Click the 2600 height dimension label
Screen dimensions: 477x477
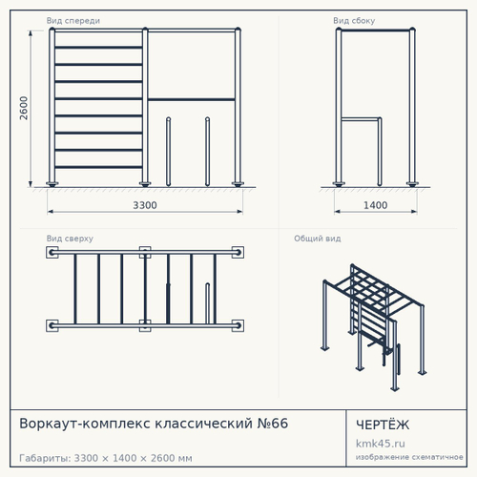point(24,108)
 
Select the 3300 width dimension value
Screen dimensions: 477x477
point(145,205)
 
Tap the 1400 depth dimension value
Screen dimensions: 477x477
point(375,205)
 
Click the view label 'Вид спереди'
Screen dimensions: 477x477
point(73,21)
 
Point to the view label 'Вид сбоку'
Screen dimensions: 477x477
point(354,21)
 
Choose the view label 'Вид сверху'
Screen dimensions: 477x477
point(70,238)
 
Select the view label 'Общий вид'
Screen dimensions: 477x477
point(318,238)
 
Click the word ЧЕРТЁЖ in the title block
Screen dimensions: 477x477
point(383,425)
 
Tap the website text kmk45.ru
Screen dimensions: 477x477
point(381,444)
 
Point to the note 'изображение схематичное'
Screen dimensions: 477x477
point(409,457)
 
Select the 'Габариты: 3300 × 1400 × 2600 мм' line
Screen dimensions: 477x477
point(106,458)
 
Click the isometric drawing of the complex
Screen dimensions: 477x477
point(374,327)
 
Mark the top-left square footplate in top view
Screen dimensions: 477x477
point(52,253)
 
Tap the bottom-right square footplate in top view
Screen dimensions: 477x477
point(238,325)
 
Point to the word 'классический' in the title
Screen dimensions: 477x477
point(203,424)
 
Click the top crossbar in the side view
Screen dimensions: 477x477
point(376,31)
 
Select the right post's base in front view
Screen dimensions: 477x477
point(238,184)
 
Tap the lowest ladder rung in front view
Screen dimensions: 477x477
point(98,167)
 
